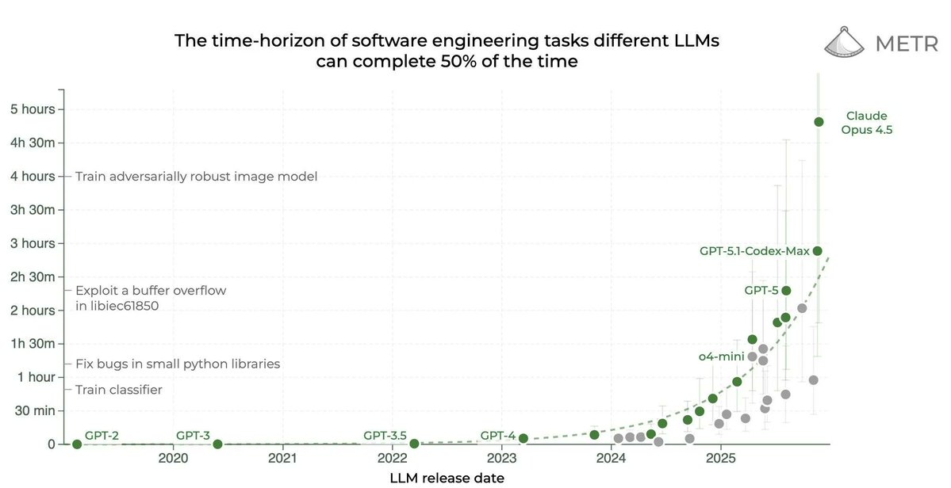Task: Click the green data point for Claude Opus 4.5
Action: click(x=819, y=121)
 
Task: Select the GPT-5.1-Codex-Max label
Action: click(x=754, y=251)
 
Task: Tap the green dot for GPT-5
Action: click(x=786, y=291)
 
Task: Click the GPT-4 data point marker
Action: click(x=523, y=438)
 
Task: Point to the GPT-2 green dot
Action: click(x=77, y=444)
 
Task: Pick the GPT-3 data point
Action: click(x=217, y=444)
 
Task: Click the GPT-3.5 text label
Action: click(x=385, y=435)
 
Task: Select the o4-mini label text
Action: click(x=719, y=356)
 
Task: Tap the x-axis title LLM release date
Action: click(x=447, y=478)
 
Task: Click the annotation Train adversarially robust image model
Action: click(x=196, y=177)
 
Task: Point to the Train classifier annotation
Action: click(x=118, y=390)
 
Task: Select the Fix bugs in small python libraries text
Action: click(x=178, y=364)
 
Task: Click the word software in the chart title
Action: click(x=346, y=41)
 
